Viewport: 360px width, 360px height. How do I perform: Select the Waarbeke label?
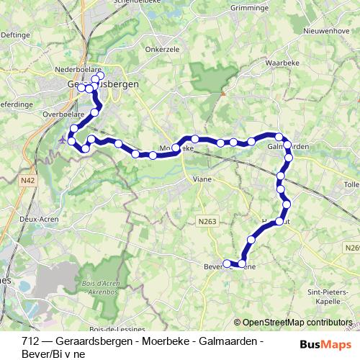click(282, 63)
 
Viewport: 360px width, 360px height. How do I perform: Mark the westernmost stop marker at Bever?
click(228, 263)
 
